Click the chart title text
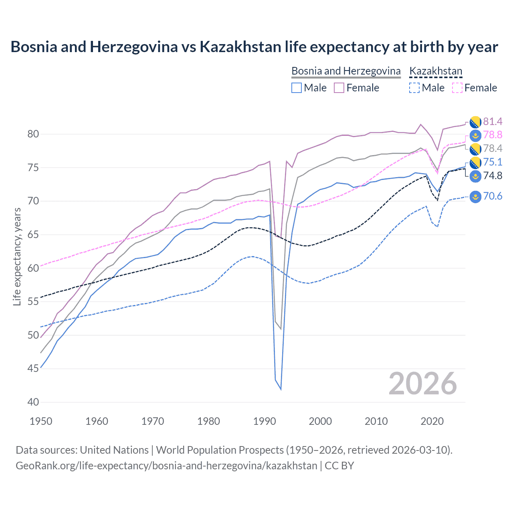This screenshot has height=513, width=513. click(x=254, y=47)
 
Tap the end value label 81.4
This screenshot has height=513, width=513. click(x=493, y=121)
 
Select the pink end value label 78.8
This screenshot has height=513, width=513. click(x=493, y=135)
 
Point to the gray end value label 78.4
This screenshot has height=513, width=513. click(x=493, y=149)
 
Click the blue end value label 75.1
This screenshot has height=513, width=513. click(x=493, y=162)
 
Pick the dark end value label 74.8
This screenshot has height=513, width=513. click(x=493, y=176)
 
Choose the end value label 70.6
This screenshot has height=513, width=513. click(x=493, y=196)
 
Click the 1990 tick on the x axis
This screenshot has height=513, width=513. click(x=265, y=421)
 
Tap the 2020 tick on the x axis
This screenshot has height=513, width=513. click(x=432, y=421)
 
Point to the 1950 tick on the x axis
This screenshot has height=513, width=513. click(x=41, y=421)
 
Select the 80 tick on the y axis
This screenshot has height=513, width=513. click(x=33, y=134)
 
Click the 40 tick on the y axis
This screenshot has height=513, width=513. click(x=33, y=402)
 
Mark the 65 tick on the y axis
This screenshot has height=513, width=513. click(x=33, y=234)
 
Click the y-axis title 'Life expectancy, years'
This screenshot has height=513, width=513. click(x=17, y=257)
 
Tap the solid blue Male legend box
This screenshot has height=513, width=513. click(x=296, y=88)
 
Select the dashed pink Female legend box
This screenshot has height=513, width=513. click(x=457, y=88)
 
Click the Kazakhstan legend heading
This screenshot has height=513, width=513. click(x=436, y=71)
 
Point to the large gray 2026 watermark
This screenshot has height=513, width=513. click(x=423, y=384)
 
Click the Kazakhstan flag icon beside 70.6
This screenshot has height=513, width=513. click(x=475, y=196)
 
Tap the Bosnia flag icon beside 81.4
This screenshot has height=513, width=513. click(x=475, y=121)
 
